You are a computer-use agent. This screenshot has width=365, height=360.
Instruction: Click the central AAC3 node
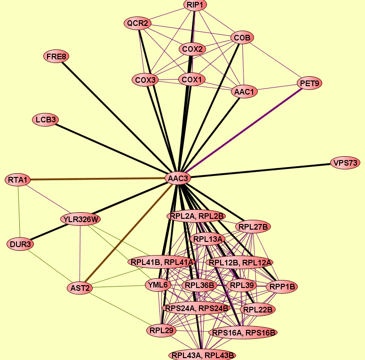178,178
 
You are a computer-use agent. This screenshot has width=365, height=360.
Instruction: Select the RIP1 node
195,5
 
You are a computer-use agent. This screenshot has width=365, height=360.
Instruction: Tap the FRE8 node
56,56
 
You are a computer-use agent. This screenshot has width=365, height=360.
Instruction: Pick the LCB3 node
46,120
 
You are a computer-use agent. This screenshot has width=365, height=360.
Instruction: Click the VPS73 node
345,163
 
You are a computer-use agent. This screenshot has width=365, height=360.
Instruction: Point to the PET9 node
309,83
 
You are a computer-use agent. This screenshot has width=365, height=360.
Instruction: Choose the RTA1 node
18,180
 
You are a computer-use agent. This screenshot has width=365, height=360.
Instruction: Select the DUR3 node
20,244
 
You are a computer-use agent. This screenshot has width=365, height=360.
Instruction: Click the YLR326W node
80,219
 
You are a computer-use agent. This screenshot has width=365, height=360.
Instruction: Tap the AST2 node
80,288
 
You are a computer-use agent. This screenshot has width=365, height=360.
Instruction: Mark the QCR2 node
137,23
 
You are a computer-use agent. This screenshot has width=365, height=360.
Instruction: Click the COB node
242,38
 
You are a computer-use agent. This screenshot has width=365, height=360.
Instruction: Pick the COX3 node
145,80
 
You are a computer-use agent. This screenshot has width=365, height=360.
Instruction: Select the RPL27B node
253,226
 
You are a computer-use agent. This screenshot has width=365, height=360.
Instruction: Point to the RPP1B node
282,287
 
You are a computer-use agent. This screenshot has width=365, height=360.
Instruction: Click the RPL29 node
161,330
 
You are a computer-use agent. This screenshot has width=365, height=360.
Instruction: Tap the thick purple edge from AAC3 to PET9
244,131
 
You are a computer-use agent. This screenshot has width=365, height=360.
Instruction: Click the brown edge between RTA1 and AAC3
98,179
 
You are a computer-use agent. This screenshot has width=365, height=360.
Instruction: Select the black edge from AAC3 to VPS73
261,171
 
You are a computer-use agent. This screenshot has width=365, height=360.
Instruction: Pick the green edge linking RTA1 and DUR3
19,212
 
